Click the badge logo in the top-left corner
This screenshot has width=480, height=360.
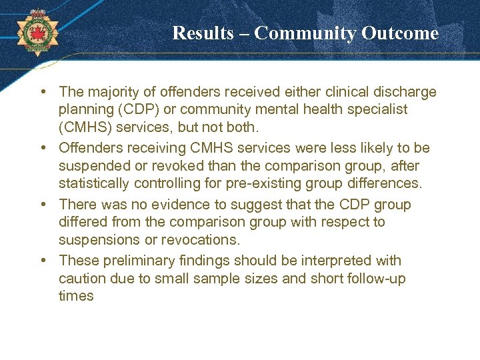click(x=36, y=31)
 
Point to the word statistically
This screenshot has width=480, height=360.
click(x=93, y=183)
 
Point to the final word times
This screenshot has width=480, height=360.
click(x=75, y=295)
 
